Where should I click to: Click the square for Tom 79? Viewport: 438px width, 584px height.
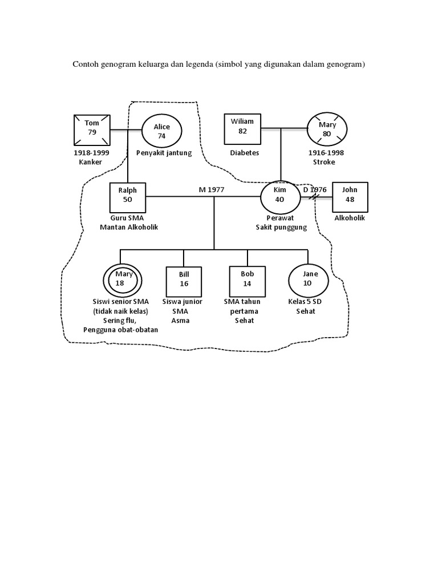coord(92,130)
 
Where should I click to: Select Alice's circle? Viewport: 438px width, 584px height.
coord(161,131)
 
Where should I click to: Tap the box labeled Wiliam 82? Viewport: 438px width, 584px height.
coord(242,129)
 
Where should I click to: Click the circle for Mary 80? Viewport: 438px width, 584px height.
coord(327,129)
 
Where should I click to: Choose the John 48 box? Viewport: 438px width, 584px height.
coord(350,197)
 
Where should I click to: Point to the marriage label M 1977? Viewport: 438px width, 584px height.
coord(211,189)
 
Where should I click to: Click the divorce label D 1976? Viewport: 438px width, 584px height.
coord(315,189)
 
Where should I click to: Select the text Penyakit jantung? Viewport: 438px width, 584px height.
coord(164,153)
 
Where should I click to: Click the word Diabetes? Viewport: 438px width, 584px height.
coord(245,153)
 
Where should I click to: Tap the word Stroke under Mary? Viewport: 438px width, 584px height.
coord(324,162)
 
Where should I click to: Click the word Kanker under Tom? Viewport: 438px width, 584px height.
coord(91,162)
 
